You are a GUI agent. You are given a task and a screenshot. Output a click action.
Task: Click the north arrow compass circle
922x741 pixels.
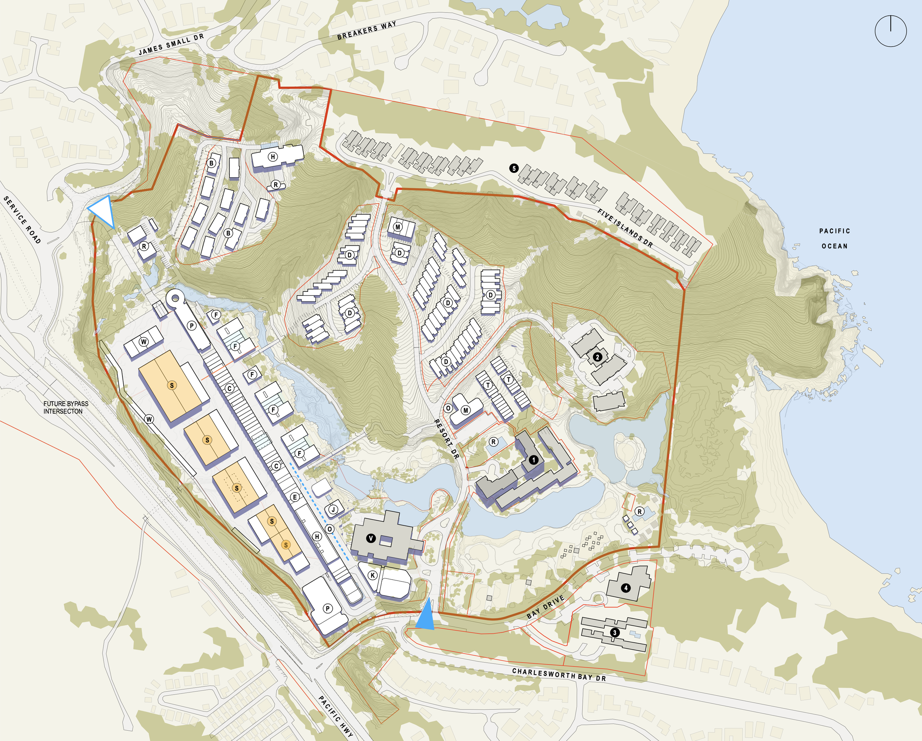[x=890, y=31]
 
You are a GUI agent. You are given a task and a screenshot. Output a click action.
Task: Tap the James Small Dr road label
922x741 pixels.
[x=171, y=45]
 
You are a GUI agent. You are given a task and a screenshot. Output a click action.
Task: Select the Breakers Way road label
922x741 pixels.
[x=367, y=30]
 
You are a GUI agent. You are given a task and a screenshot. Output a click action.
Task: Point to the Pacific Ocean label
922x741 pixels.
[x=834, y=238]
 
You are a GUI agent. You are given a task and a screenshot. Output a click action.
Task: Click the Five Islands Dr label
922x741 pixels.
[x=625, y=228]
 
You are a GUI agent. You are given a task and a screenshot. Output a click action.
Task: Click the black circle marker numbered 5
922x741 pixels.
[x=514, y=168]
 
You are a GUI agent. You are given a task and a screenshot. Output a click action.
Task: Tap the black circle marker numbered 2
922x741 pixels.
[x=597, y=357]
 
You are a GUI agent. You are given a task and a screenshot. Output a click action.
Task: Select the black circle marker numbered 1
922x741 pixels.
[x=533, y=460]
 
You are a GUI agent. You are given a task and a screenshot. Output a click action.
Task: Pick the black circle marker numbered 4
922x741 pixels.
[x=625, y=588]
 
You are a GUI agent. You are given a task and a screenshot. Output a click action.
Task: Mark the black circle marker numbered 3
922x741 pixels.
[x=614, y=632]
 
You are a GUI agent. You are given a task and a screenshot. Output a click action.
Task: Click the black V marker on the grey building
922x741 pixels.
[x=371, y=538]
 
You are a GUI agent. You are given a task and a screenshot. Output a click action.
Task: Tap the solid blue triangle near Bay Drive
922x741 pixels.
[x=425, y=615]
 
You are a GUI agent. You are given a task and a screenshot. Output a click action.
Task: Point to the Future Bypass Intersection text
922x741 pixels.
[x=65, y=407]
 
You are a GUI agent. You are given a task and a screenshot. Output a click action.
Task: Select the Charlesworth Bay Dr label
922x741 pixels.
[x=559, y=675]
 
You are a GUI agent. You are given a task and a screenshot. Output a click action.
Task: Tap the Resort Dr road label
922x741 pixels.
[x=447, y=439]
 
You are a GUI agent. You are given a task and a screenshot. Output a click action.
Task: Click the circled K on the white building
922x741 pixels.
[x=372, y=575]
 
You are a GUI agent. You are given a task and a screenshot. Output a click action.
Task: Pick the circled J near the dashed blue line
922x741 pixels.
[x=333, y=509]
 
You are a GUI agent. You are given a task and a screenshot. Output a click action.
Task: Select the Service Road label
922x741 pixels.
[x=22, y=220]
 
